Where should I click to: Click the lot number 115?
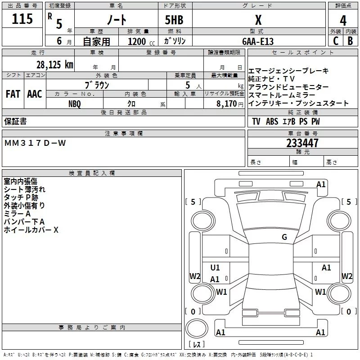[x=22, y=19]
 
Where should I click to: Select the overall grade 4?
[x=343, y=20]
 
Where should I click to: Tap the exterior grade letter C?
[x=336, y=41]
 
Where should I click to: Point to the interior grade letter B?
[x=350, y=41]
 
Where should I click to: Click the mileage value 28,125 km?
[x=55, y=65]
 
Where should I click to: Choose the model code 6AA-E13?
[x=258, y=41]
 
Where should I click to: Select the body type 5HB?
[x=174, y=20]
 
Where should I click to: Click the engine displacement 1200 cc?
[x=141, y=41]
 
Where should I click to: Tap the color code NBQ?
[x=75, y=104]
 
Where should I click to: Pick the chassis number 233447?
[x=302, y=143]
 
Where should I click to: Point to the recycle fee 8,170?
[x=227, y=104]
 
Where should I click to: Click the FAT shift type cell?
[x=13, y=94]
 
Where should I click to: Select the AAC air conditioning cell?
[x=35, y=94]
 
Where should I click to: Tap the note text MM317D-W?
[x=35, y=143]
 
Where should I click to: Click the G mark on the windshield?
[x=284, y=237]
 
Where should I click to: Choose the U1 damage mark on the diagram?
[x=215, y=268]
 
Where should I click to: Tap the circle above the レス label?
[x=197, y=328]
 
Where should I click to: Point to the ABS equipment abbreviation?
[x=272, y=121]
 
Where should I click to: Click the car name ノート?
[x=117, y=19]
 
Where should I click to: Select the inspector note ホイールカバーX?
[x=31, y=230]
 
